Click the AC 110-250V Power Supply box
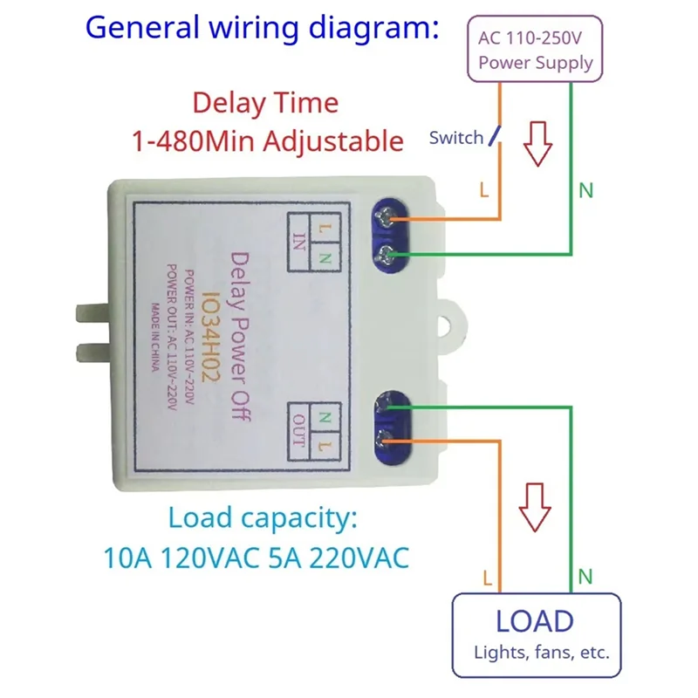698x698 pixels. (535, 51)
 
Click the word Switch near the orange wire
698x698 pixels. (455, 138)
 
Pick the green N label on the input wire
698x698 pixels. (585, 190)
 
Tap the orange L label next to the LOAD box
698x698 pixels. (487, 577)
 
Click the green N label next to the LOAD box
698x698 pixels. (585, 577)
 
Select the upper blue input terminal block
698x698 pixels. (390, 234)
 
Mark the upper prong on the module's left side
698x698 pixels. (93, 311)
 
